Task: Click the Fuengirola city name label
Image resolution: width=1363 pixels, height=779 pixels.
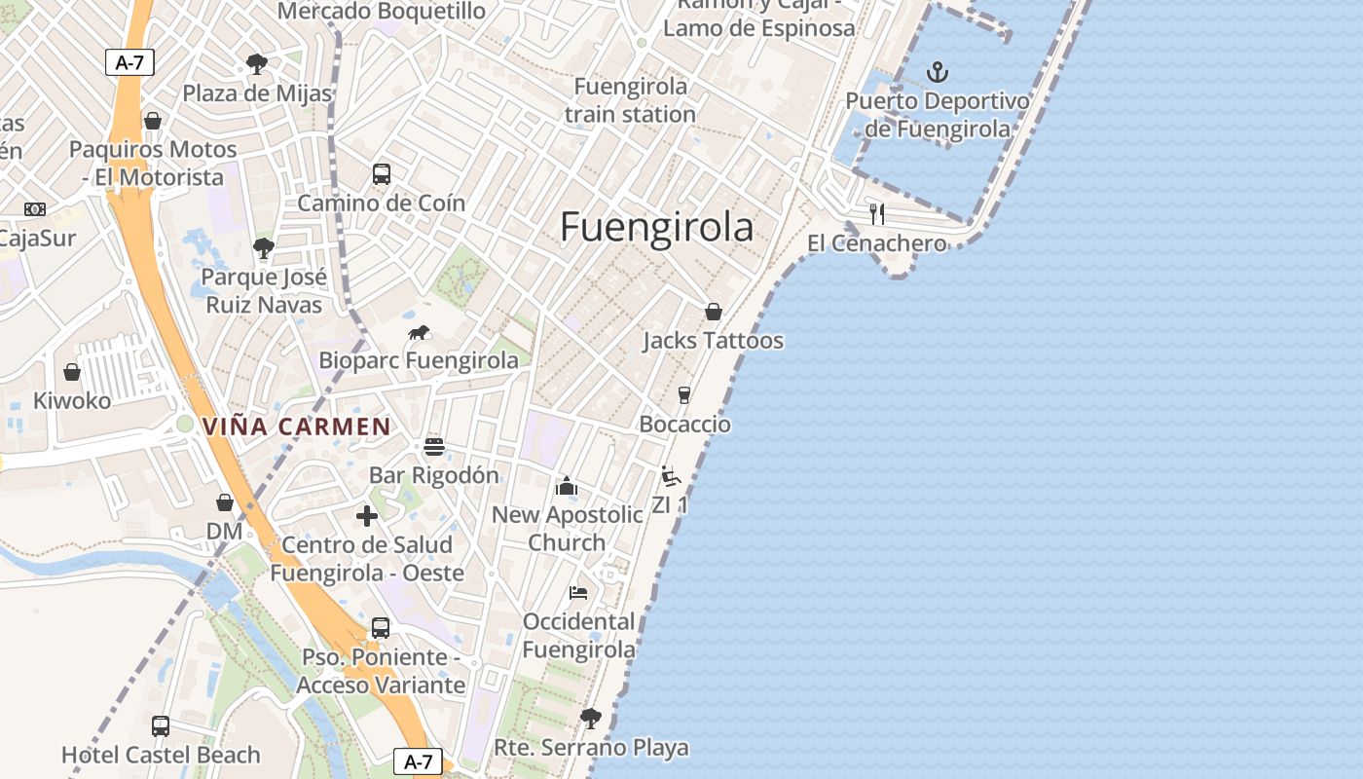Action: (x=656, y=227)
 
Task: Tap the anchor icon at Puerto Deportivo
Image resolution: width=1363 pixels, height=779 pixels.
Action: (x=937, y=72)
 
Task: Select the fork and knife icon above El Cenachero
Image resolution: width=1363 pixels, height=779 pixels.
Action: (x=877, y=213)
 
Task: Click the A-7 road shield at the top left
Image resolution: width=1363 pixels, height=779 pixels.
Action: (x=129, y=62)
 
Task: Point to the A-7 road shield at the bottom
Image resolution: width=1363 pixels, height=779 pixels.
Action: (x=418, y=761)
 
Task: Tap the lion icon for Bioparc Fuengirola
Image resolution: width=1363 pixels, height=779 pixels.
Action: (x=419, y=333)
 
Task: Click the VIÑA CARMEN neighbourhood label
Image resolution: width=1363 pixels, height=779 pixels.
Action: (x=296, y=427)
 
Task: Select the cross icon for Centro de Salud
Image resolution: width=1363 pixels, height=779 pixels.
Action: (x=367, y=516)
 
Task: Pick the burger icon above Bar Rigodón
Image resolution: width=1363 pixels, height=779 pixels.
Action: (x=434, y=447)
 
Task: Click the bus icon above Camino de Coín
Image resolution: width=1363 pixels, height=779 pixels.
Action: (x=382, y=174)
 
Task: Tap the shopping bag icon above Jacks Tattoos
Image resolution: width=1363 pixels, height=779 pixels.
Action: (x=714, y=312)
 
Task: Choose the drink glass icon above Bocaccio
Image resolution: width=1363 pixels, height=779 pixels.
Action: (x=684, y=394)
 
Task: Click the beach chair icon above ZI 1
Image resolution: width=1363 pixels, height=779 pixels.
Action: (x=670, y=476)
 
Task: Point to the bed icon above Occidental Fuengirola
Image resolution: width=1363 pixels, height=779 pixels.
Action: (x=578, y=592)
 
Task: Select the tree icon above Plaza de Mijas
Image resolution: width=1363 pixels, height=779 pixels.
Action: (x=257, y=64)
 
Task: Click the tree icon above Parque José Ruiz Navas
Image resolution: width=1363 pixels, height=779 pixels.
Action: (x=263, y=248)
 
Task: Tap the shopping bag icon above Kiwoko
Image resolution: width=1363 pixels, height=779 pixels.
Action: (x=72, y=372)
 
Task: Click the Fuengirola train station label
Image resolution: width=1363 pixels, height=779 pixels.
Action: (x=630, y=100)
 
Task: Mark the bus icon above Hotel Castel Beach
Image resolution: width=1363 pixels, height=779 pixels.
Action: (x=161, y=725)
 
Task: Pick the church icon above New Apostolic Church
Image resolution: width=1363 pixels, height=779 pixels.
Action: (x=567, y=486)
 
